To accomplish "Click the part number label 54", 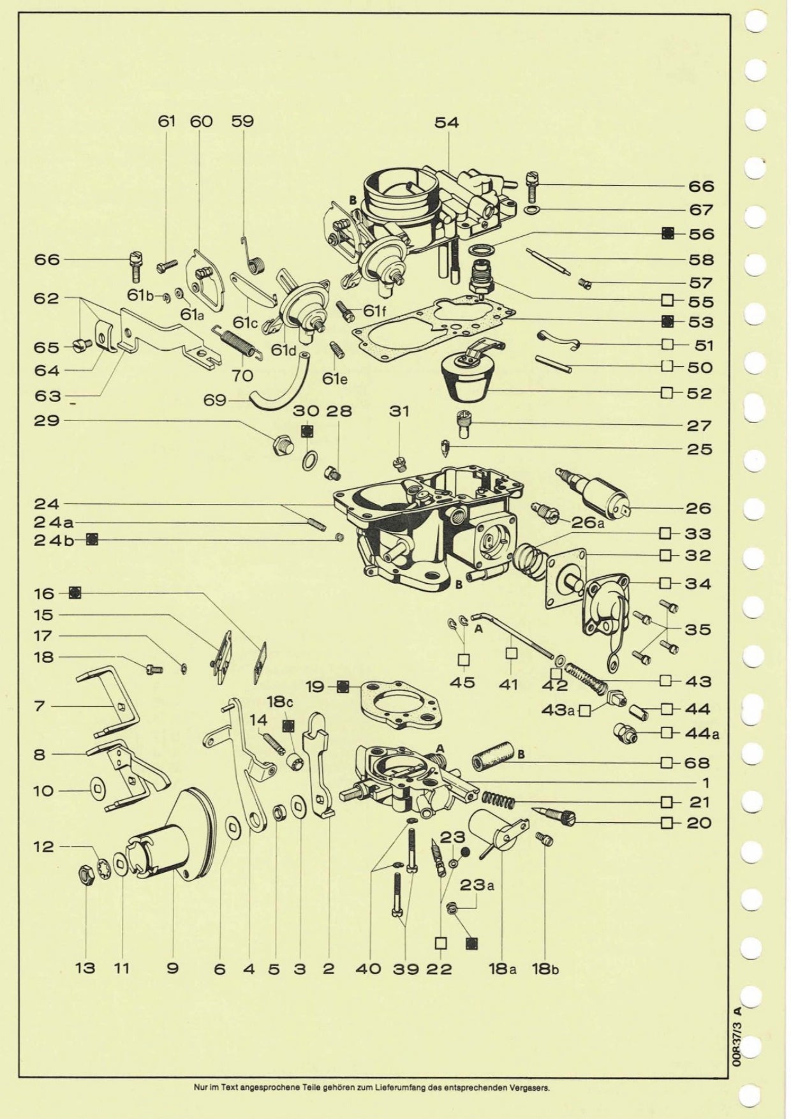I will click(447, 122).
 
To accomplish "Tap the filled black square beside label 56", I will click(667, 233).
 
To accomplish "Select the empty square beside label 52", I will click(667, 392).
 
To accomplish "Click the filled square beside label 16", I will click(75, 593).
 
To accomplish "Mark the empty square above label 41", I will click(511, 653).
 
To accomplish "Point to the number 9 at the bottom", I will click(172, 968).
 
